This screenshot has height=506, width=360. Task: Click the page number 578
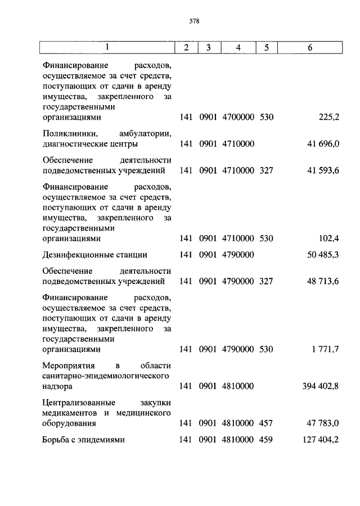click(195, 22)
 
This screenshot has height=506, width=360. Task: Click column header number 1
click(107, 48)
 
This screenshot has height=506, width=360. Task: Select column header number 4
click(238, 48)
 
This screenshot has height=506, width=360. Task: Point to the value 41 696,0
click(323, 143)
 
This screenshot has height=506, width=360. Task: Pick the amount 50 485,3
click(323, 255)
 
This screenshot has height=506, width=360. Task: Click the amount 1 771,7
click(325, 349)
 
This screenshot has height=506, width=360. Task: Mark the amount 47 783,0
click(323, 423)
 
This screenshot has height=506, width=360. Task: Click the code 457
click(266, 423)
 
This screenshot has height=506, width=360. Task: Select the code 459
click(266, 440)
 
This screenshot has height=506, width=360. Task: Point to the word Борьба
click(55, 440)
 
